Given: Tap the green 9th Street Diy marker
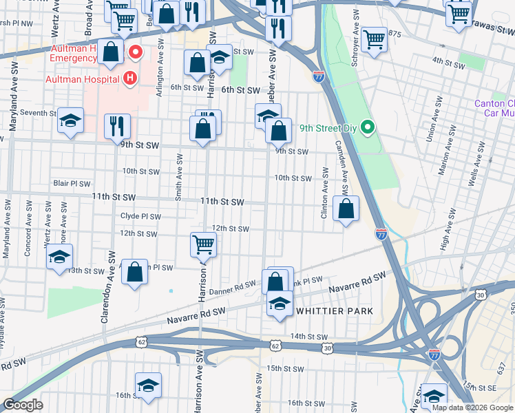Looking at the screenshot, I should (368, 127).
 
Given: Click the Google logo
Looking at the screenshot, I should (23, 405).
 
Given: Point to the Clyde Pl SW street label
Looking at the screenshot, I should (140, 216).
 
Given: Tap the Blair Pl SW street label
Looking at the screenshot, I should (72, 184).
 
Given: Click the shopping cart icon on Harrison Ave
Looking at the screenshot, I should (204, 244).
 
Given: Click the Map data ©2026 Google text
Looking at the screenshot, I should (472, 407).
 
